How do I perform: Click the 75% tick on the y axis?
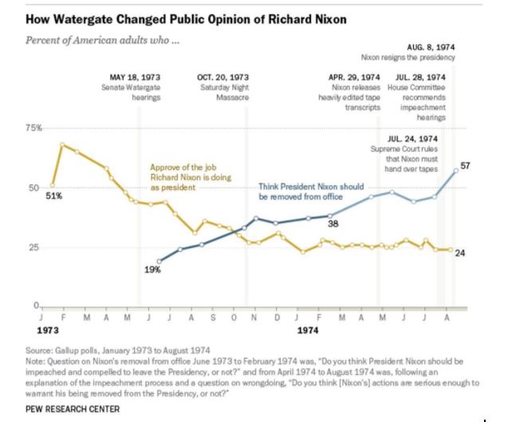point(32,128)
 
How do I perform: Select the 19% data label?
point(152,270)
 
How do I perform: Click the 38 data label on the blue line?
point(333,224)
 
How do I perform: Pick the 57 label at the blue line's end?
point(466,165)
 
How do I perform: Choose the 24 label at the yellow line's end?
point(459,253)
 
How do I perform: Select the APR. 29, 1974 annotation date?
point(354,77)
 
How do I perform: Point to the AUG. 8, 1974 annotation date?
point(431,48)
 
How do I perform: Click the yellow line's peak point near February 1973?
point(61,144)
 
